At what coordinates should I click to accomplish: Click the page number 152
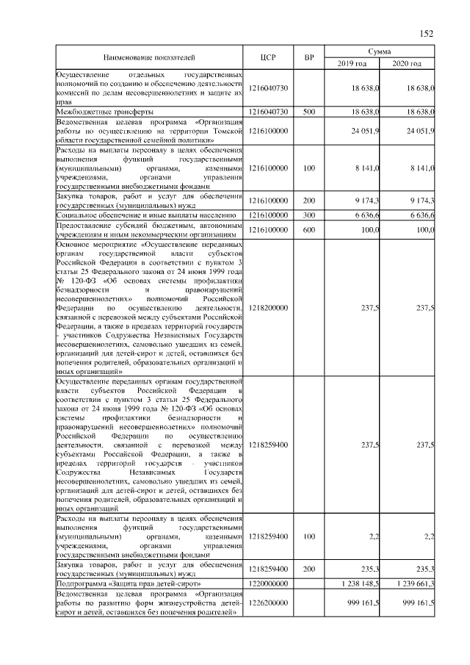(427, 32)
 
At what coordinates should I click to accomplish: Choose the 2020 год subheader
(407, 64)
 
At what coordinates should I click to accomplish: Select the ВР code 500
(309, 112)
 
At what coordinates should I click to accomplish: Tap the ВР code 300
(309, 215)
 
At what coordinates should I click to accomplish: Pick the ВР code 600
(309, 230)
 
